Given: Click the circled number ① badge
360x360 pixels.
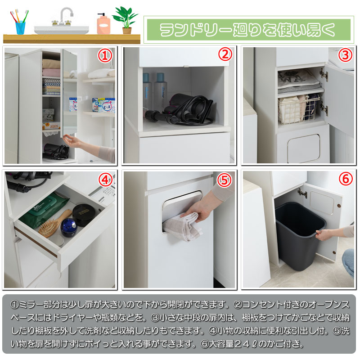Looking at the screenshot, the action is tap(105, 56).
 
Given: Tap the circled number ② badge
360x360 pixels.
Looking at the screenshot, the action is tap(225, 54).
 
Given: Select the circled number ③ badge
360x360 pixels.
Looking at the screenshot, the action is tap(345, 55).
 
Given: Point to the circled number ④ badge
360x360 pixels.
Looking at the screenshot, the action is tap(106, 180).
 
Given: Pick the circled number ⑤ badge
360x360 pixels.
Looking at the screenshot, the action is tap(224, 180).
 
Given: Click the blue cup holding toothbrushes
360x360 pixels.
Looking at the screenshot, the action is tap(20, 27).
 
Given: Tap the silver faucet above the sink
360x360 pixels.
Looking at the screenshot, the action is tap(65, 16).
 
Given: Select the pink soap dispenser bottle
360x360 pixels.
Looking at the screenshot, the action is tap(103, 24).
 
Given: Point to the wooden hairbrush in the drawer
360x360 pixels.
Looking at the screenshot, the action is tap(54, 224).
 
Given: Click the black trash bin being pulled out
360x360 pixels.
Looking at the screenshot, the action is tap(300, 236).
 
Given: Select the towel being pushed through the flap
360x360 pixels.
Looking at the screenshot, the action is tap(181, 226).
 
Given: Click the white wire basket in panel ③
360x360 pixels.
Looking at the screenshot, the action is tap(299, 109).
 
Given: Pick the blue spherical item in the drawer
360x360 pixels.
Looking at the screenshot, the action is tap(69, 228).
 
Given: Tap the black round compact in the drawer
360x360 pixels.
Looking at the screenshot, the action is tap(83, 215).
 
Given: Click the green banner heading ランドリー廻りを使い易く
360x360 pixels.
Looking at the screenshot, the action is tap(249, 30).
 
